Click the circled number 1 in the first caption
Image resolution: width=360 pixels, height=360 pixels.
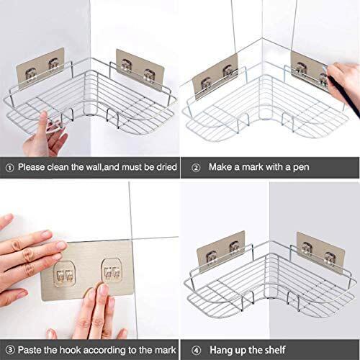click(9, 166)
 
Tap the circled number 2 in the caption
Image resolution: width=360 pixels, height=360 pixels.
click(195, 166)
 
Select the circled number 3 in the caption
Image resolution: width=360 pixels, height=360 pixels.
click(9, 349)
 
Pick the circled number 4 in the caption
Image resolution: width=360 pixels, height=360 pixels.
click(195, 349)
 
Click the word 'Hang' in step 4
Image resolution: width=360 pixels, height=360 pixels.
click(222, 349)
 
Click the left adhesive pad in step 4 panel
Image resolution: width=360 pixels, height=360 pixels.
click(221, 249)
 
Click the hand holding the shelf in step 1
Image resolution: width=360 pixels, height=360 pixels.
click(45, 130)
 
